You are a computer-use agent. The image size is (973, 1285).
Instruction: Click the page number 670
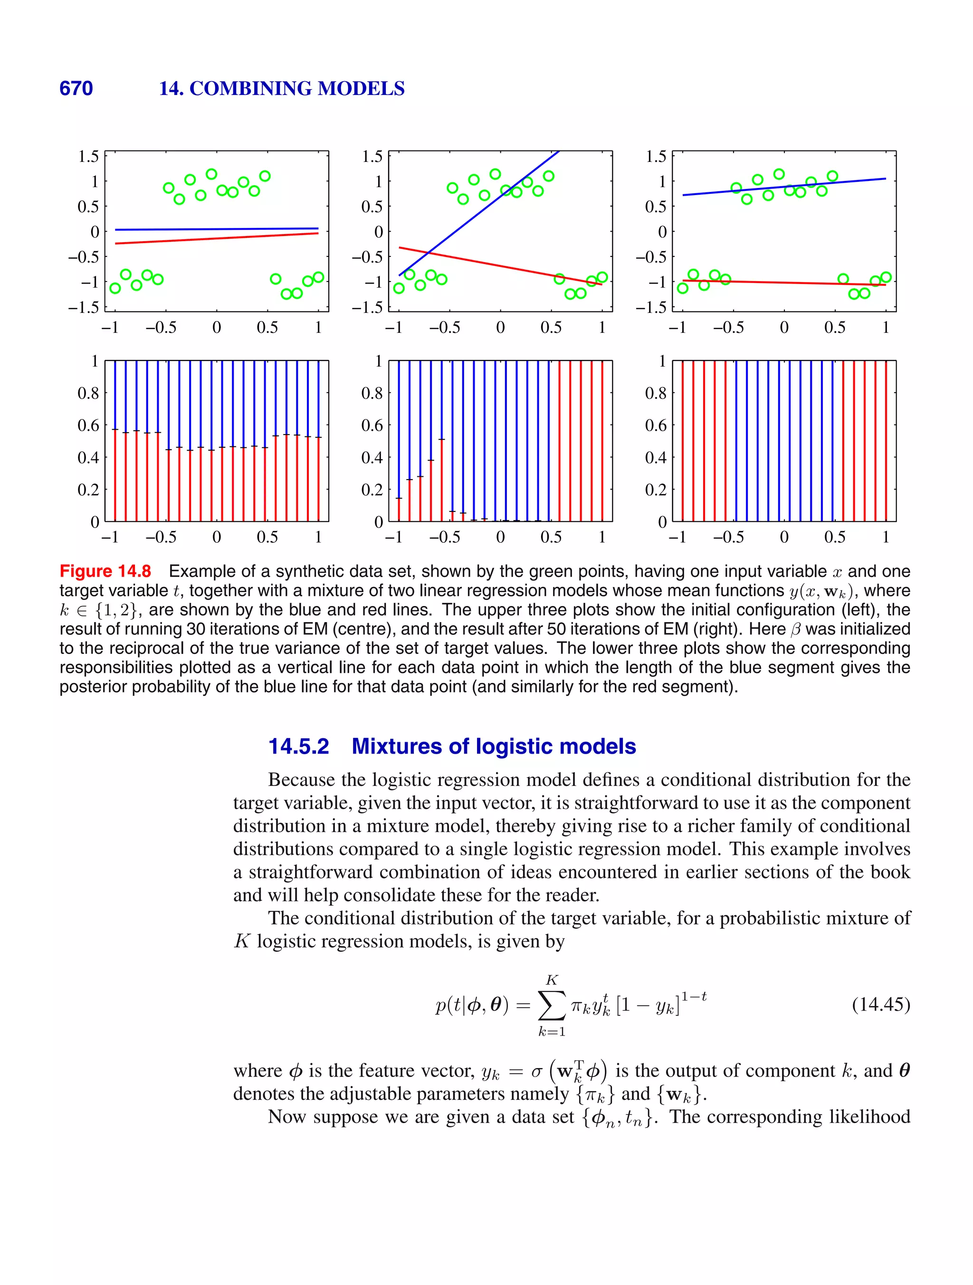point(76,88)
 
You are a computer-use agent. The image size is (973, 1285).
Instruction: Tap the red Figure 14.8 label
point(105,571)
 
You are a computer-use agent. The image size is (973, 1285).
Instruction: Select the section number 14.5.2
point(299,746)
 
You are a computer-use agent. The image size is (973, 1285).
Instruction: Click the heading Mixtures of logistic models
point(494,746)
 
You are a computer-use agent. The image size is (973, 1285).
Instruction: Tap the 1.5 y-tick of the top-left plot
point(88,156)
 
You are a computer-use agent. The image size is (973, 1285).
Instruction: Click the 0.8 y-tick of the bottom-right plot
point(655,393)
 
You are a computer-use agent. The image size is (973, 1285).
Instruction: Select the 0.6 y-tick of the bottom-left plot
point(88,425)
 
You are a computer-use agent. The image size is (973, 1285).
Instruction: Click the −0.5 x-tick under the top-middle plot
point(445,328)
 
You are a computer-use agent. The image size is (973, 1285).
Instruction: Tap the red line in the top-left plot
point(216,238)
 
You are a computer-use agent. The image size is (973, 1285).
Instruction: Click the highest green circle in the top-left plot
point(211,174)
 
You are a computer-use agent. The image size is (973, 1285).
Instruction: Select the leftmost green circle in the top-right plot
point(682,288)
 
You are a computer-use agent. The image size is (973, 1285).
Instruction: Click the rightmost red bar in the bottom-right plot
point(886,442)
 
